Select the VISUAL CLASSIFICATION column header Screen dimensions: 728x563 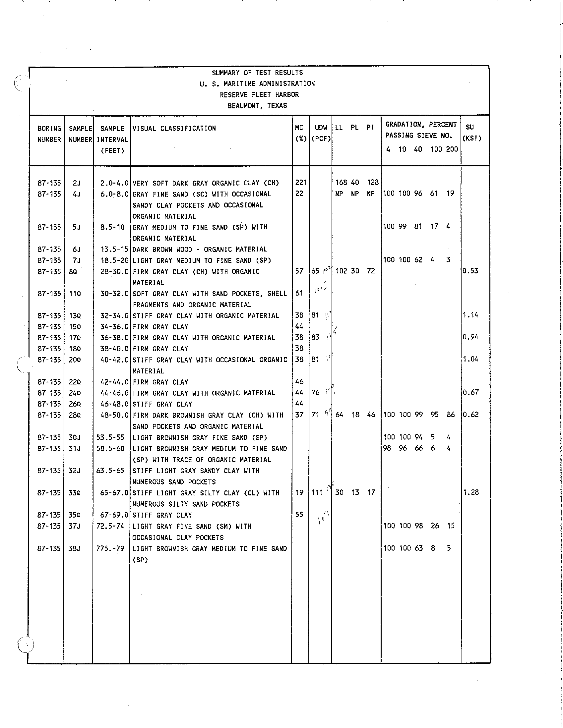[174, 128]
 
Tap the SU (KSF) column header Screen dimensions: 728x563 [471, 132]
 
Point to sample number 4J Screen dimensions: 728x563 [76, 194]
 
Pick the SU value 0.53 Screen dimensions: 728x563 [470, 271]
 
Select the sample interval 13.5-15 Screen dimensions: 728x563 [114, 249]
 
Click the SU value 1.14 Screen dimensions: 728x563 [470, 315]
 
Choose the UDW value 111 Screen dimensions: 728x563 [317, 493]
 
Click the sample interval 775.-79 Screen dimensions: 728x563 [110, 548]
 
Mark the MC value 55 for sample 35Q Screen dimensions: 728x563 [299, 515]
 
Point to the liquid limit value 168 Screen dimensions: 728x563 [341, 182]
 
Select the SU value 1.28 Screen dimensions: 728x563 [470, 492]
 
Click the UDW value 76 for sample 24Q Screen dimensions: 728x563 [316, 393]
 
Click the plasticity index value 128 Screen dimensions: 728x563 [373, 182]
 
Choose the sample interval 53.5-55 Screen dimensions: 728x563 [110, 437]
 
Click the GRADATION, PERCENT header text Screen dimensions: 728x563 [421, 125]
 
